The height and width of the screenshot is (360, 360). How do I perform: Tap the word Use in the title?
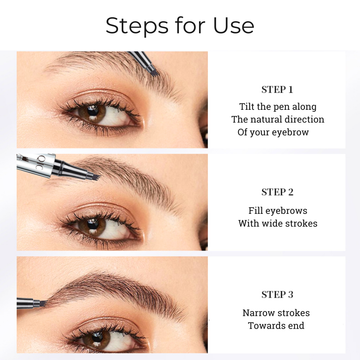(234, 25)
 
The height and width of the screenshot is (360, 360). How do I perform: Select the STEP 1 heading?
(277, 90)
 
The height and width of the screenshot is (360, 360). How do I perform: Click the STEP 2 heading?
(277, 192)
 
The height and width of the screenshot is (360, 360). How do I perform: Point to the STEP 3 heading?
(277, 295)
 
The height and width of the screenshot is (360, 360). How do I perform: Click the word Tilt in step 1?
(247, 107)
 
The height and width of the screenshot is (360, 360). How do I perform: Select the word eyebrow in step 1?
(290, 132)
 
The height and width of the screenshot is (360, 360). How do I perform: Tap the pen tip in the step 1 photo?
(155, 72)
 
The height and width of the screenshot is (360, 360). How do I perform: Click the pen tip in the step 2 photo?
(95, 177)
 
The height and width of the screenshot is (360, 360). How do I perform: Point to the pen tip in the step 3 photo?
(43, 303)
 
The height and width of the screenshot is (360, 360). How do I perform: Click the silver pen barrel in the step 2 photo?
(36, 165)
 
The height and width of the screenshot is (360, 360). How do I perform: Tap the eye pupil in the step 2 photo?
(93, 223)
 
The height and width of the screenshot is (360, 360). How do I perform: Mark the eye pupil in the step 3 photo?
(97, 336)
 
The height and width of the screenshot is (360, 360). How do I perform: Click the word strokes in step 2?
(302, 223)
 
